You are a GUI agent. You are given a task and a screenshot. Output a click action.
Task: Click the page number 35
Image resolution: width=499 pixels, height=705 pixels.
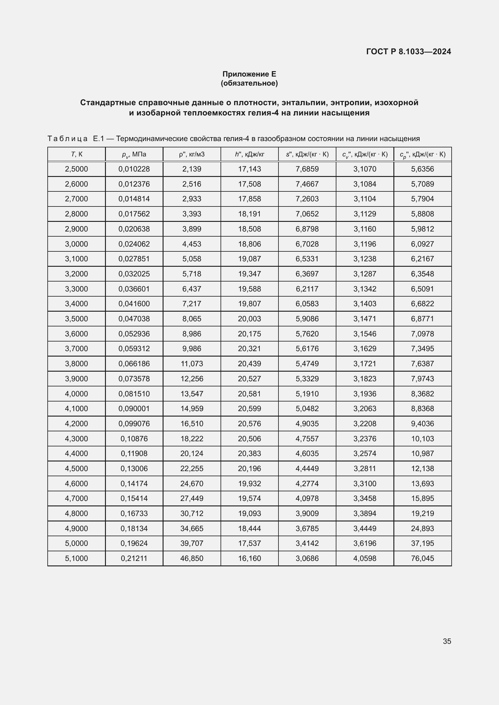447,641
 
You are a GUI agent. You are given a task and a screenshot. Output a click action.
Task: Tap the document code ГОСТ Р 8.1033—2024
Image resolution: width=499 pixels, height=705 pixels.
408,52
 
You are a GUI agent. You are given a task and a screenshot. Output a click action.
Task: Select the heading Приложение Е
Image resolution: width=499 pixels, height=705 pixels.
249,74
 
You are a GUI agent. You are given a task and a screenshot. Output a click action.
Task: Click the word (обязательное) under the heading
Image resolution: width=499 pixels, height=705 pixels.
249,83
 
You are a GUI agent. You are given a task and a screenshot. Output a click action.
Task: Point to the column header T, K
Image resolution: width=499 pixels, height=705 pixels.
77,154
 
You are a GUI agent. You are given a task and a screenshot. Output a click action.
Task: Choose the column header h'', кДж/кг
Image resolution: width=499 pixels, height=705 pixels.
249,154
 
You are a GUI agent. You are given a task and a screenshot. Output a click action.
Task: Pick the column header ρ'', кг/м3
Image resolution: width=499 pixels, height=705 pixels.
192,154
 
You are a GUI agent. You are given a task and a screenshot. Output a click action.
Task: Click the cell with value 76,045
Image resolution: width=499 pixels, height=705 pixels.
422,558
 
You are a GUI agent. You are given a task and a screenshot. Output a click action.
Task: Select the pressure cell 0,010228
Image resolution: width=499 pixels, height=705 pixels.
134,169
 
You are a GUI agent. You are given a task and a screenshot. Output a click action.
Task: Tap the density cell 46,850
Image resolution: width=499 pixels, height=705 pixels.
192,558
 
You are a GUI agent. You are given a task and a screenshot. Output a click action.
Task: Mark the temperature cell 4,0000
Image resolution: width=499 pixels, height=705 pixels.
77,394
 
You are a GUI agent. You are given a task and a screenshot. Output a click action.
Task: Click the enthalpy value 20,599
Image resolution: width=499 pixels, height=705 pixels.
249,408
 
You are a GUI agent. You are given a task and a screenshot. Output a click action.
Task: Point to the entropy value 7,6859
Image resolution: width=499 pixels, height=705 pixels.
307,169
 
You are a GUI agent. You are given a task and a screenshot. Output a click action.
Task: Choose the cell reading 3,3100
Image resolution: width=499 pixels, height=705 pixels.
365,483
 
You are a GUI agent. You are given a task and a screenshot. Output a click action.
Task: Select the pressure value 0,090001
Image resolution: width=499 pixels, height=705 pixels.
134,408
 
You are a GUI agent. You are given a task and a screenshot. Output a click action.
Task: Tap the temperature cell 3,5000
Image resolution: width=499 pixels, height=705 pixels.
77,319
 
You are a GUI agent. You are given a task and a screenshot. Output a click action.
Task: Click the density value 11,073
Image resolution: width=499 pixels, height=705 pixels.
192,364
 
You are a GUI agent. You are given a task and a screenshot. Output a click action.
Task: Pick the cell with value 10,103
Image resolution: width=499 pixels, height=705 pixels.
422,439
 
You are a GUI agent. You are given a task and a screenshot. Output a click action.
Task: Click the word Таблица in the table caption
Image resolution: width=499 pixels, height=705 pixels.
68,139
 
